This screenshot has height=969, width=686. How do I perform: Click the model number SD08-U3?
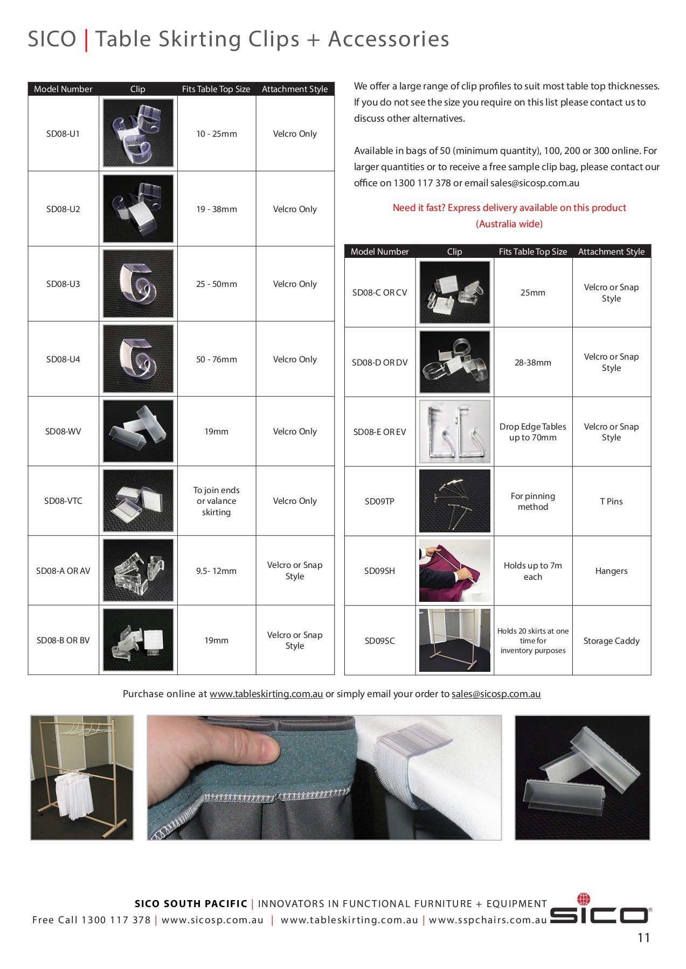tap(63, 284)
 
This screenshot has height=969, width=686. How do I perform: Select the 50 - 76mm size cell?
tap(216, 360)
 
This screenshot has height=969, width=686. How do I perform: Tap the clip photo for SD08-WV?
tap(138, 431)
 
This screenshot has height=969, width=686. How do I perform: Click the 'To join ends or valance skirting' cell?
tap(216, 501)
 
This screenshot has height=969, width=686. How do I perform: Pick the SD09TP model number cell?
tap(379, 502)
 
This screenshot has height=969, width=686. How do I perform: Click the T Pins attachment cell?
tap(611, 502)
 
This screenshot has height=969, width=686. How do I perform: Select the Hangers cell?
tap(611, 571)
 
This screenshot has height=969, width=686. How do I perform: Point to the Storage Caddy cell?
tap(611, 641)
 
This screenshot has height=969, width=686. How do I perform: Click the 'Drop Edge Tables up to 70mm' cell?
tap(532, 432)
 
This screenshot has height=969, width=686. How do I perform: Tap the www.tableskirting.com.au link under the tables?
tap(266, 694)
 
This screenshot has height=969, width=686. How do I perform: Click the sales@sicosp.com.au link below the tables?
tap(496, 694)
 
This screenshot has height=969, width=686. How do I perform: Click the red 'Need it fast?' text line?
tap(509, 208)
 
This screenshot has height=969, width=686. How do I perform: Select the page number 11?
tap(643, 938)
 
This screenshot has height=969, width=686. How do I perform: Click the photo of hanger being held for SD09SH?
tap(454, 571)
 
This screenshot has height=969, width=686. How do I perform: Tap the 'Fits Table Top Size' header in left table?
tap(216, 89)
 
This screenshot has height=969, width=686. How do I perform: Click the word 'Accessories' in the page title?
tap(389, 39)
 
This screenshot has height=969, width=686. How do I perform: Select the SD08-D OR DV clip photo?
tap(454, 362)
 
